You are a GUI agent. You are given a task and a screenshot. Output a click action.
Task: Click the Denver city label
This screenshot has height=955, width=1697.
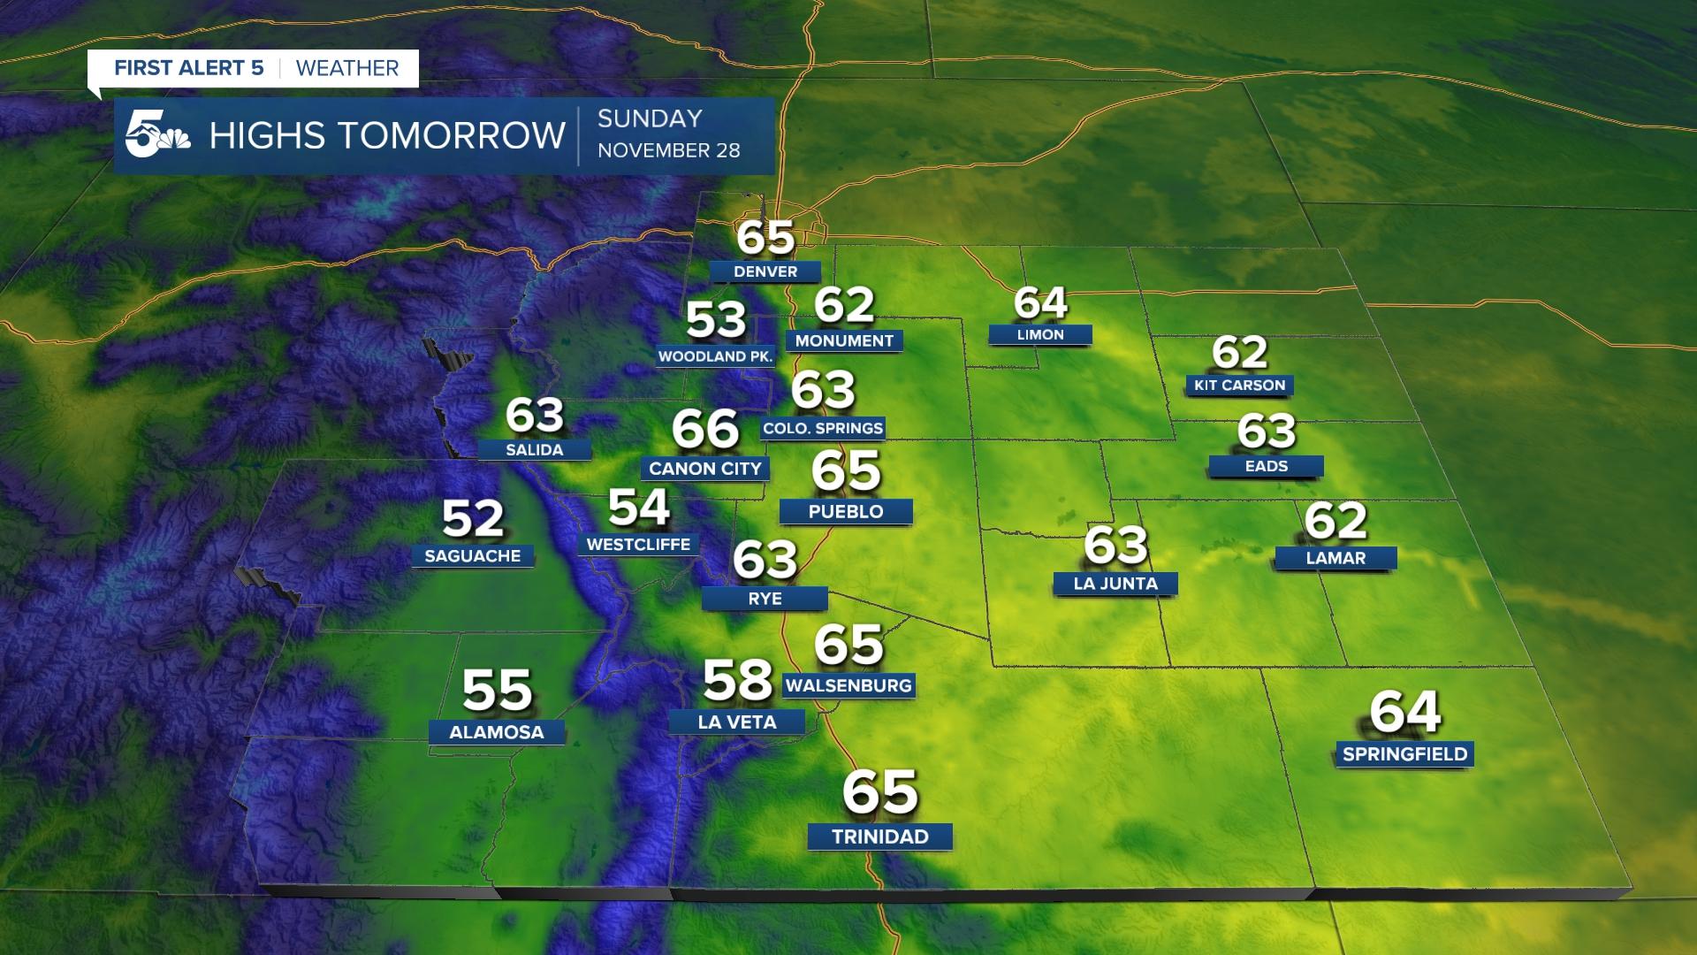(765, 271)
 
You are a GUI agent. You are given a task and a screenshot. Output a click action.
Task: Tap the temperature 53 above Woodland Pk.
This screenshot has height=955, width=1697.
(716, 319)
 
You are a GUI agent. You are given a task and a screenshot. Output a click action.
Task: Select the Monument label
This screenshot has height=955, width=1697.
(844, 340)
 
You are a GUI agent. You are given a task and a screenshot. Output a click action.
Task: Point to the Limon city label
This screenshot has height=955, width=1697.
(1040, 334)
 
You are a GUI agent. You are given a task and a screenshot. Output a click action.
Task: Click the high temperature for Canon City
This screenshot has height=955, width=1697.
(704, 429)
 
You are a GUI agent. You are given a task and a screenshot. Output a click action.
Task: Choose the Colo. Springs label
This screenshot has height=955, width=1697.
(823, 428)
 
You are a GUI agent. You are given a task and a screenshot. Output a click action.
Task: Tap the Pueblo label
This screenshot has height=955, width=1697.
(846, 511)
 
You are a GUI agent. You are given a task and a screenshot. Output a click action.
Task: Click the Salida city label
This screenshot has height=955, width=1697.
(534, 449)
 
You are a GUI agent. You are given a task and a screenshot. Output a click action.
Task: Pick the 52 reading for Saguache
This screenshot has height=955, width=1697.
(472, 518)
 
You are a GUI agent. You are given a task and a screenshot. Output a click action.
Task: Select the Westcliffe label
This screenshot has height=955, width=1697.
(638, 544)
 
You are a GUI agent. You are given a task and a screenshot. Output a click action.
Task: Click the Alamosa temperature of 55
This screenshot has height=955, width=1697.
(497, 690)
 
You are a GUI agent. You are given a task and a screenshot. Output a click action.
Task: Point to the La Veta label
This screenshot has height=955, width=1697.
(737, 722)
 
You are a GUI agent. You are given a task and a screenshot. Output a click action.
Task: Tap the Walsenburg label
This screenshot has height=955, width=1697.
(848, 685)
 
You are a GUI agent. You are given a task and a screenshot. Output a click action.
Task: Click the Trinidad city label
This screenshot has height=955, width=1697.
(880, 837)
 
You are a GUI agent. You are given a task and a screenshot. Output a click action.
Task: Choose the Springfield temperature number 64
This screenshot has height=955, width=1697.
(1404, 712)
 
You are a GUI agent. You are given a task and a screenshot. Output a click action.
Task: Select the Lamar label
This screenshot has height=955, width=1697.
(1336, 558)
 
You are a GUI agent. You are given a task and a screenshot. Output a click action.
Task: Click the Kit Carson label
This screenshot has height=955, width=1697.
(1239, 385)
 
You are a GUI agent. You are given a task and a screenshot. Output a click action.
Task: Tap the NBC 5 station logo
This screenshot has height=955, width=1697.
(157, 136)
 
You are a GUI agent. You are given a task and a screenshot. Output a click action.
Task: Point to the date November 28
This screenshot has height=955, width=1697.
(668, 150)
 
